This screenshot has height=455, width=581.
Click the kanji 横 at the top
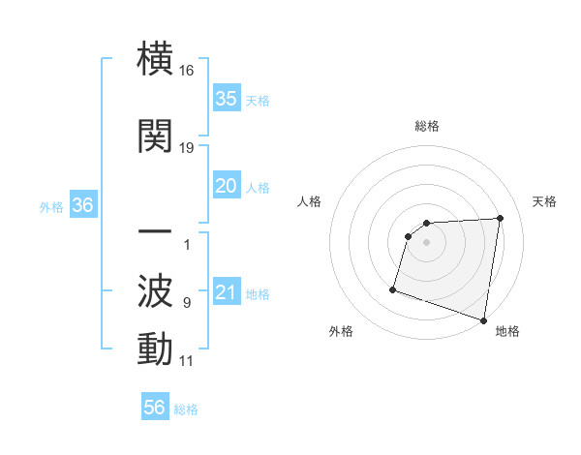point(155,59)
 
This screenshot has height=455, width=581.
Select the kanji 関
point(155,136)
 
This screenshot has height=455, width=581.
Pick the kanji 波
point(155,289)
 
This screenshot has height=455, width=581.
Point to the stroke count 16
point(187,71)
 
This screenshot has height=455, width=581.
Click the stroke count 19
point(187,148)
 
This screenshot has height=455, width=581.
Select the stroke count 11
point(187,361)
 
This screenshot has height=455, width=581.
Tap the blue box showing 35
point(226,98)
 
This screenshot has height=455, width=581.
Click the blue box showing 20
point(226,186)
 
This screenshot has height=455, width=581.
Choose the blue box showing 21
point(226,292)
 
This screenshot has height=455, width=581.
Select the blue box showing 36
point(82,205)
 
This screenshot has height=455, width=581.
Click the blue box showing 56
point(154,408)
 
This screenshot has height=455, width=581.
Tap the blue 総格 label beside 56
point(186,409)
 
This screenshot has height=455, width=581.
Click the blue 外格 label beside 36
point(51,207)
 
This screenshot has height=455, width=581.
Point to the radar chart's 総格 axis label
point(426,126)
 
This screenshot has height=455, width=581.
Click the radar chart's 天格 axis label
point(545,201)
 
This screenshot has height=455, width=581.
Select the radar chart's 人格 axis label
point(309,201)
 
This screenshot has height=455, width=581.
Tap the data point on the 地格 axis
point(483,319)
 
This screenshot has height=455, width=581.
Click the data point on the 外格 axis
point(393,288)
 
